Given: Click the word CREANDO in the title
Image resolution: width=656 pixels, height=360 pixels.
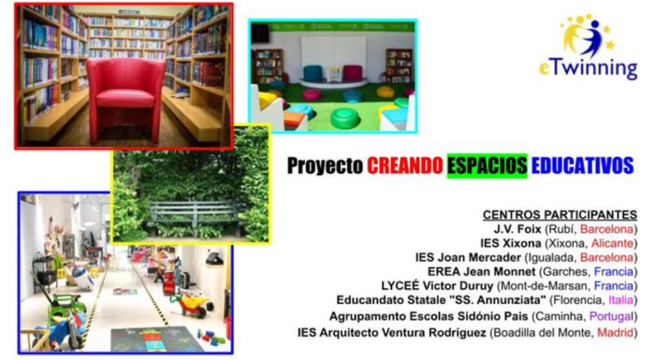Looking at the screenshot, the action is [405, 166].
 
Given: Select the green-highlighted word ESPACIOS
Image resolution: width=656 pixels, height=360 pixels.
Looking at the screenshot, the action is [487, 166].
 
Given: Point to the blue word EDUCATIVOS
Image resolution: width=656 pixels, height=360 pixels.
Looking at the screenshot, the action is [582, 166].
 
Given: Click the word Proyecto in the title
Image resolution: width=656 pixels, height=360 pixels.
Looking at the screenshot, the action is [325, 166].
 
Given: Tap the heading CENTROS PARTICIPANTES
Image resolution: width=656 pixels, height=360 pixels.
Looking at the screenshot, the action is [560, 215].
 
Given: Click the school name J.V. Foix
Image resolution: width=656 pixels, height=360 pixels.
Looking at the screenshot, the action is [518, 229].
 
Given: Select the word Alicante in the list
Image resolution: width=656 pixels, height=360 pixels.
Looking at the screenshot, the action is [612, 243].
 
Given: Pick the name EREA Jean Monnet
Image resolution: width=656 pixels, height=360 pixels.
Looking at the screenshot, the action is [481, 272].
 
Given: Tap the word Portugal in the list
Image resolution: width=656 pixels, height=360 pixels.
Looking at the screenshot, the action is [611, 316].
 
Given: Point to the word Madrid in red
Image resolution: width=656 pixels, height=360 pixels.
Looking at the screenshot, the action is [615, 333].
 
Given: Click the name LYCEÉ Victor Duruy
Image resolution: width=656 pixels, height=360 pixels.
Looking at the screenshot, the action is [437, 286].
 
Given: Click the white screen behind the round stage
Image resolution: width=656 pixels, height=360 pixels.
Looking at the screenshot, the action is [334, 56].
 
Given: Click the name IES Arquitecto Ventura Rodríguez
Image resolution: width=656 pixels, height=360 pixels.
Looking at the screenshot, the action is [391, 333].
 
